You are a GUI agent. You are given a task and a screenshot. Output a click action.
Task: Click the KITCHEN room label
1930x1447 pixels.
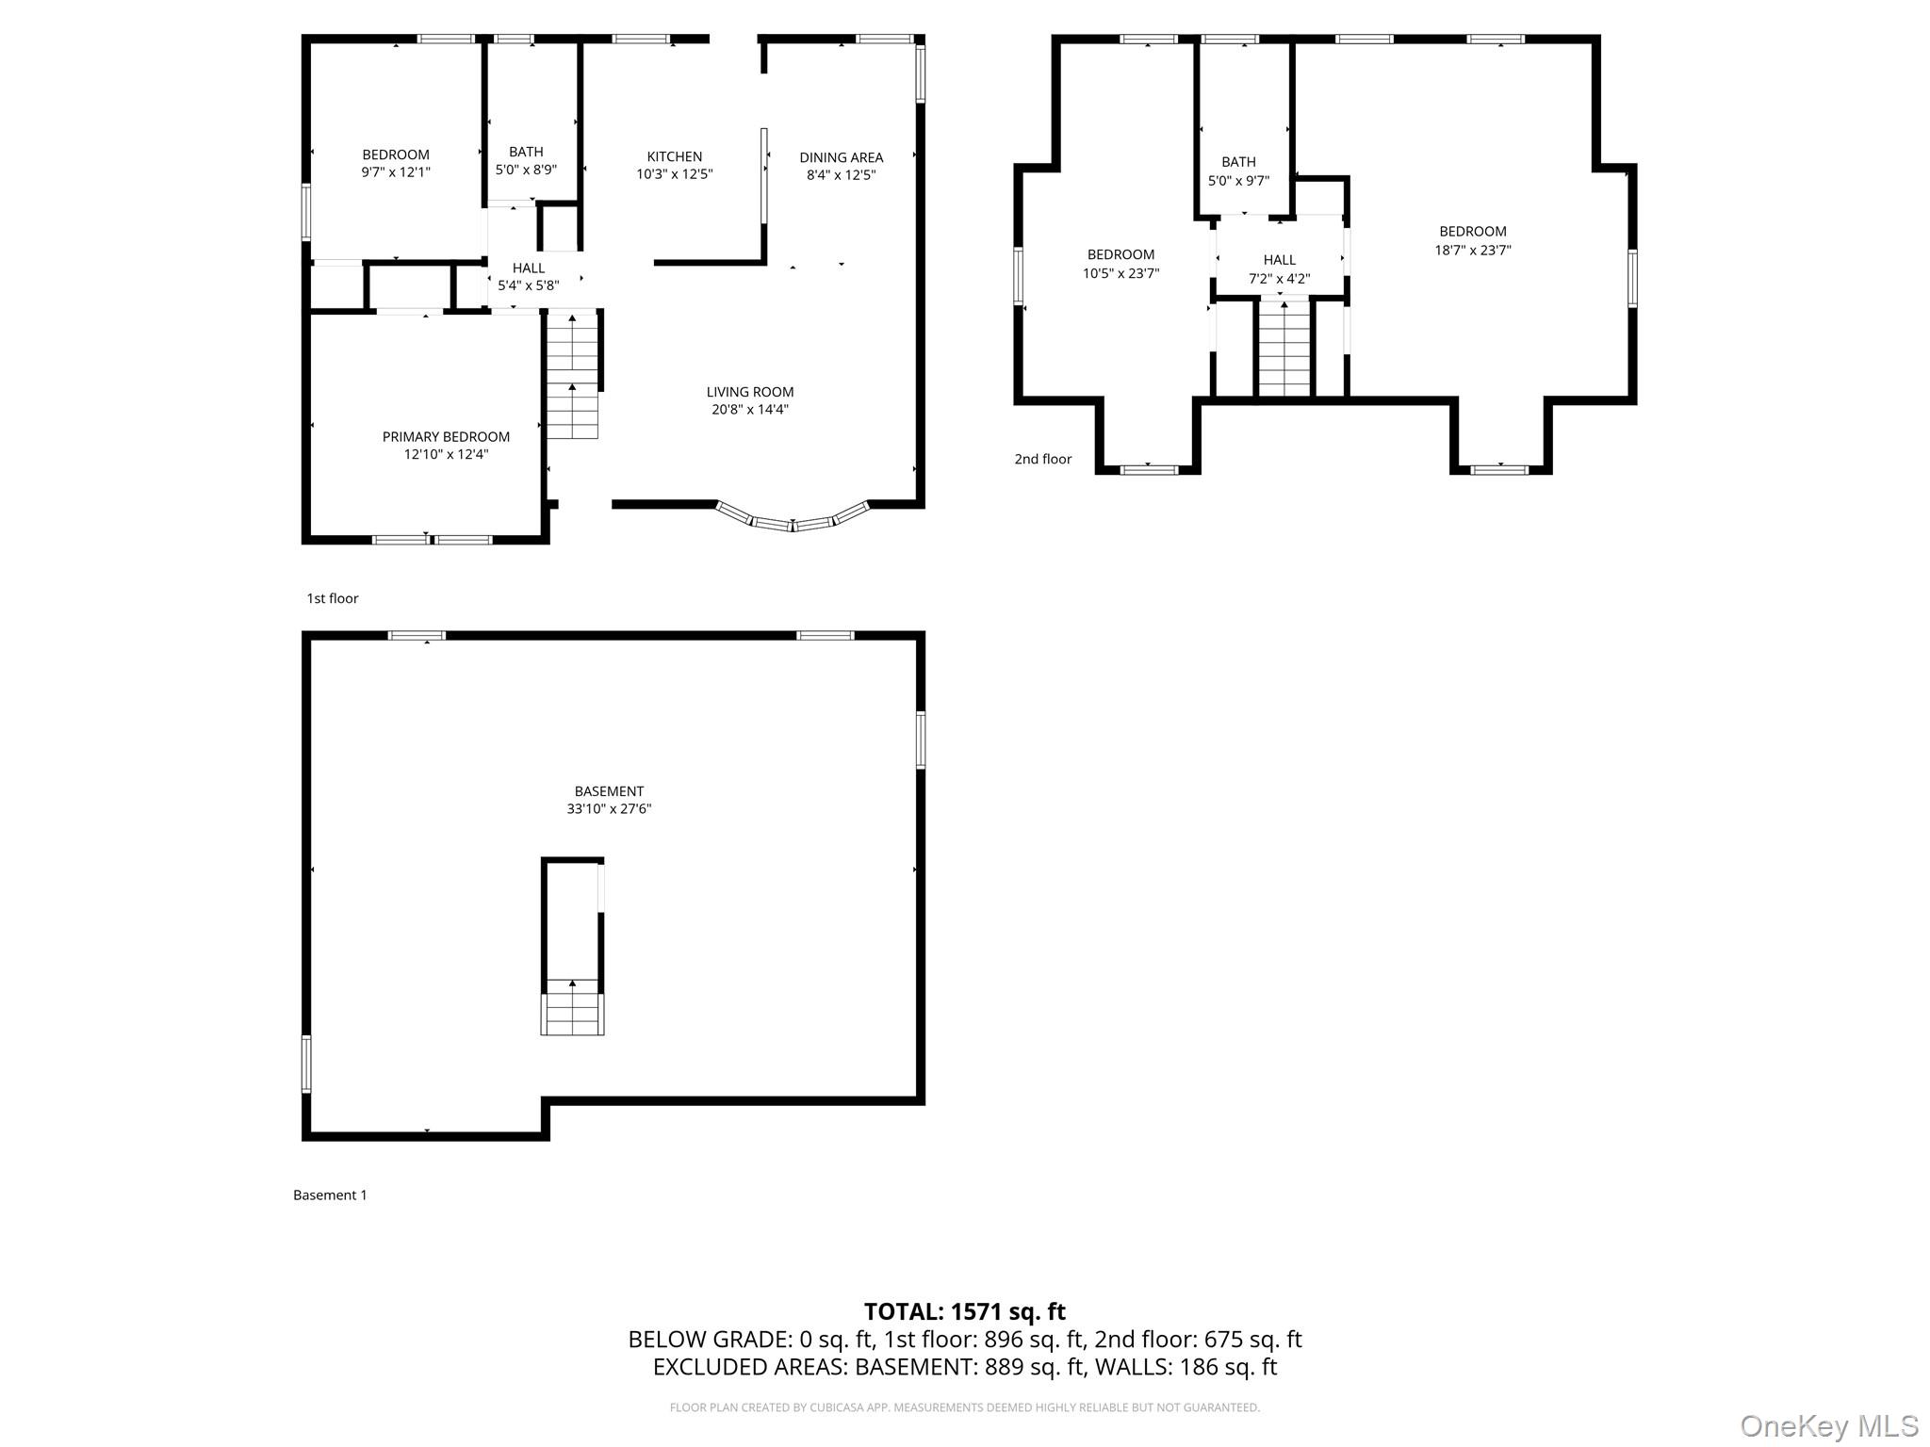tap(674, 156)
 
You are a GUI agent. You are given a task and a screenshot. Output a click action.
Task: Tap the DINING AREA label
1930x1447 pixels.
tap(841, 157)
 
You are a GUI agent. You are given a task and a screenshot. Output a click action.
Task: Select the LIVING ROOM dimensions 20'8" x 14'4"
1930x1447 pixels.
tap(750, 410)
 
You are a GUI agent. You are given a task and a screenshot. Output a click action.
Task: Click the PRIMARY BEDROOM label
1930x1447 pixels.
tap(446, 437)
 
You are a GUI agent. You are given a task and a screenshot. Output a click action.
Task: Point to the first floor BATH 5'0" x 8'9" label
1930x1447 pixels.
tap(526, 161)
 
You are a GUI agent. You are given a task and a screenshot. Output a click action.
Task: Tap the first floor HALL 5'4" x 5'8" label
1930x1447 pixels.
tap(528, 277)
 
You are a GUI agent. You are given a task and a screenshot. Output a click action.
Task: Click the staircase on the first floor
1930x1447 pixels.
tap(573, 377)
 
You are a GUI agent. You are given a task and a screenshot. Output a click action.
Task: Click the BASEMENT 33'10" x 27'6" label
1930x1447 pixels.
tap(609, 800)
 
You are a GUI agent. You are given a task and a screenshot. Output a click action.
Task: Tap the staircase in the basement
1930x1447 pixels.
tap(572, 1007)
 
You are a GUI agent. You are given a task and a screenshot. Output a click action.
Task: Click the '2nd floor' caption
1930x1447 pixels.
tap(1042, 460)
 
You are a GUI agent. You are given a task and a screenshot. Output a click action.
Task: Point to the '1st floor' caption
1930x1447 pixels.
tap(333, 598)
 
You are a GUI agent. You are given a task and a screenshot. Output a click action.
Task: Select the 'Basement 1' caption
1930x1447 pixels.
tap(330, 1195)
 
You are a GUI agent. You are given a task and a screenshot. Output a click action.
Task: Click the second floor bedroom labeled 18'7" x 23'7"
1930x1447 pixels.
tap(1472, 241)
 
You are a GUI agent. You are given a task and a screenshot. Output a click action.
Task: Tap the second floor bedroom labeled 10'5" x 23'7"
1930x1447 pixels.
tap(1120, 264)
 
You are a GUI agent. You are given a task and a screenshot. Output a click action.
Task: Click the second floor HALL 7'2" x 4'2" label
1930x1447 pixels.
tap(1279, 269)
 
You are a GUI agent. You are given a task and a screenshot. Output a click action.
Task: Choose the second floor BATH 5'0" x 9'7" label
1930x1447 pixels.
tap(1238, 171)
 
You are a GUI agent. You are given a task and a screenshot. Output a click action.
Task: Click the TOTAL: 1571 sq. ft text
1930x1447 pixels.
tap(964, 1311)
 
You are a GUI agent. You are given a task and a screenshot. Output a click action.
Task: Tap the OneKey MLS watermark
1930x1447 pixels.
tap(1828, 1425)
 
